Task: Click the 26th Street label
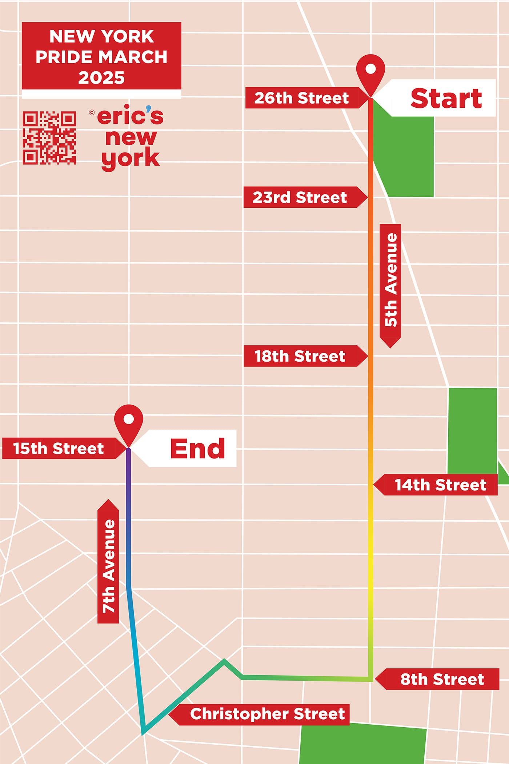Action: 301,98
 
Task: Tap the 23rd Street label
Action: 300,198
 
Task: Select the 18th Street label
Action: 300,356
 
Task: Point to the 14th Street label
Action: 440,485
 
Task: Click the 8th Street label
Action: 442,679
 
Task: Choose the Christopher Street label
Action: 267,714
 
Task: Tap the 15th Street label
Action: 59,449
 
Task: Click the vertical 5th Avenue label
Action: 390,280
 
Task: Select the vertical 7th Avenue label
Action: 108,566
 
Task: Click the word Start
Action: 446,98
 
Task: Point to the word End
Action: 197,449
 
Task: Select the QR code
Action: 49,138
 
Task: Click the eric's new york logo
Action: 129,137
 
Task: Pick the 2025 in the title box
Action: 101,78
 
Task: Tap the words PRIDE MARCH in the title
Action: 101,57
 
